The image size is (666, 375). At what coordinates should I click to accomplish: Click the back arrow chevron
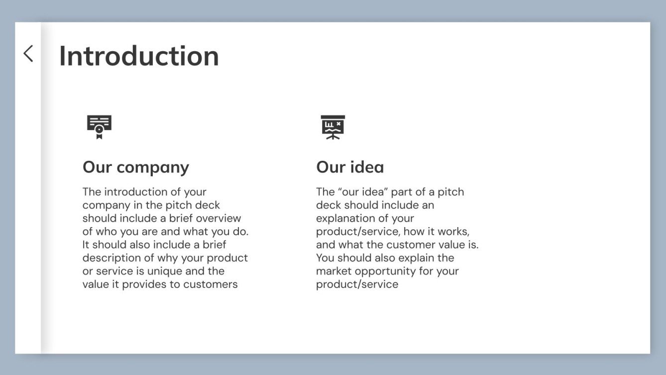[x=28, y=54]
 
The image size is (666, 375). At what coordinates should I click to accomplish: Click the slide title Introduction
[x=139, y=56]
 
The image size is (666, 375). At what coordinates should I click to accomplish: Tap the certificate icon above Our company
[x=99, y=127]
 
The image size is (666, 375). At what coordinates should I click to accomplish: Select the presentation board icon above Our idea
[x=333, y=127]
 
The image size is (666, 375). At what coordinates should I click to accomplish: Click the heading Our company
[x=136, y=167]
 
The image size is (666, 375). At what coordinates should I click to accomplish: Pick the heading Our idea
[x=350, y=167]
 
